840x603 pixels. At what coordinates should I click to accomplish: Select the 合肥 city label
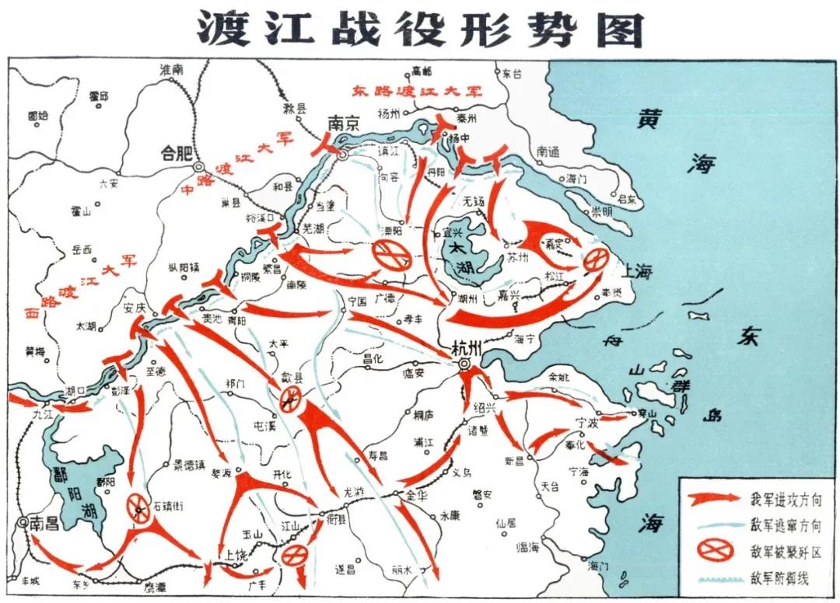[x=174, y=152]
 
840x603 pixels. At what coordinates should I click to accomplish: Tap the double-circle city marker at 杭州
[x=465, y=364]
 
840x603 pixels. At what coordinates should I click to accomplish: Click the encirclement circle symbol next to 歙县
[x=290, y=401]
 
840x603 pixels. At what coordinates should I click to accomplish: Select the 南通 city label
[x=548, y=152]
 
